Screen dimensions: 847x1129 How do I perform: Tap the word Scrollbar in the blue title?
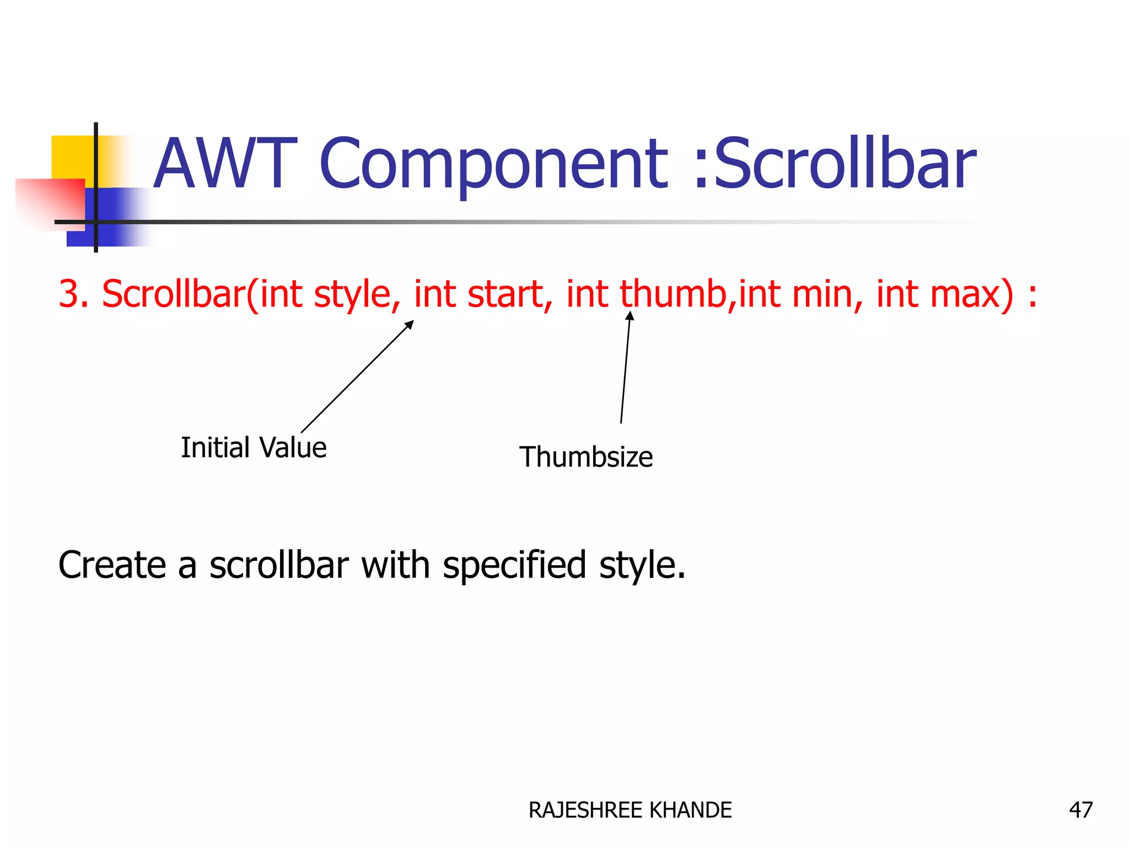pos(844,164)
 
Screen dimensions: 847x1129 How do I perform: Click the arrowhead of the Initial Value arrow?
pos(410,324)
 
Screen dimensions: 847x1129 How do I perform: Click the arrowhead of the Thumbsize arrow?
pos(630,316)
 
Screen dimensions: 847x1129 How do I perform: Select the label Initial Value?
pos(254,447)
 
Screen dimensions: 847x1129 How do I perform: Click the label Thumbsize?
pos(586,457)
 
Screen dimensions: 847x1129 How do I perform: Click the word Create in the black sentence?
pos(112,565)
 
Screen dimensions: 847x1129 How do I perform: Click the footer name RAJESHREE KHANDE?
pos(630,810)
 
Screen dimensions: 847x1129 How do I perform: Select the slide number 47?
pos(1080,810)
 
